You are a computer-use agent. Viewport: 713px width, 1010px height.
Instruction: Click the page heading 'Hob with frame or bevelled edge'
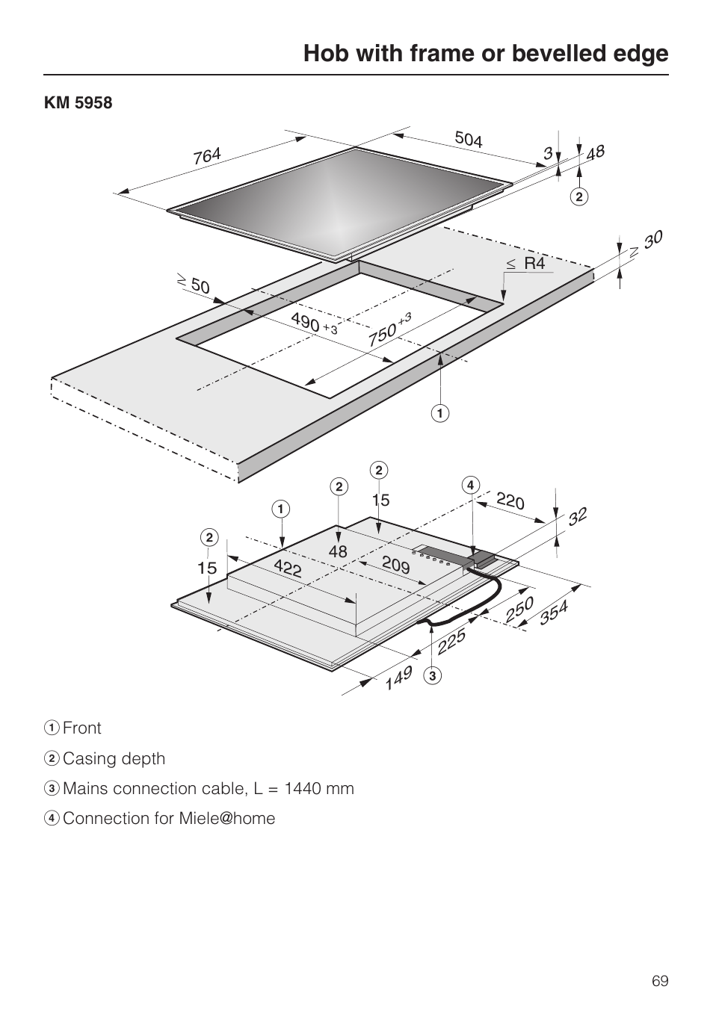486,53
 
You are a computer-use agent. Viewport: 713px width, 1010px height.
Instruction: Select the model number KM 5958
78,103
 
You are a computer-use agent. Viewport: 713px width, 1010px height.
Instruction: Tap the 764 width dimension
207,156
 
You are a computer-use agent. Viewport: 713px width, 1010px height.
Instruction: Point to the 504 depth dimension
469,139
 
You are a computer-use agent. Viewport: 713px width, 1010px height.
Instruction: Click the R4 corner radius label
534,263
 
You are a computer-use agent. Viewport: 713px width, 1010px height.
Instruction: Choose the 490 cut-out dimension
305,322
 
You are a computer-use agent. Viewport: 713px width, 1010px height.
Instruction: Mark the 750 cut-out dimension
382,334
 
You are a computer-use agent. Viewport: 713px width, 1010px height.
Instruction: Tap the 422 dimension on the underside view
288,568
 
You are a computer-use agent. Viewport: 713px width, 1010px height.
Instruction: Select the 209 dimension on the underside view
396,566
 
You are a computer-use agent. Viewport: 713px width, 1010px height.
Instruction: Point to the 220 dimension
510,501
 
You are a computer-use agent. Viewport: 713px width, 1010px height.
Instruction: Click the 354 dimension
554,613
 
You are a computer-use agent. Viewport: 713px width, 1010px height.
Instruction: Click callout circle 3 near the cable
433,677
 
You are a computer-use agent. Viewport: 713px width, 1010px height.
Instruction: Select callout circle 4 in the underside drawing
470,485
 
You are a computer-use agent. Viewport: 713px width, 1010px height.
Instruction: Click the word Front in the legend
82,728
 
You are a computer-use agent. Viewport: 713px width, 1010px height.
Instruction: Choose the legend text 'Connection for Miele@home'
169,819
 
